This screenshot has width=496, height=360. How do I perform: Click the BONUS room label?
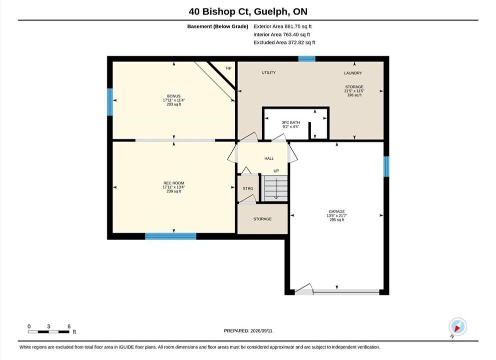pos(174,96)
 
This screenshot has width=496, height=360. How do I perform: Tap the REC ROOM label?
pos(174,183)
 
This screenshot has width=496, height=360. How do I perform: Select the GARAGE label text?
pos(337,211)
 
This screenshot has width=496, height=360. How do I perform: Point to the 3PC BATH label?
pos(291,122)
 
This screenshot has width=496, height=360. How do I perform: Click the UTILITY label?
pos(269,73)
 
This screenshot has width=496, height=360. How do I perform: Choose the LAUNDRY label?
pos(353,73)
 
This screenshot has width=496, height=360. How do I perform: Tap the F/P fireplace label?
pos(228,68)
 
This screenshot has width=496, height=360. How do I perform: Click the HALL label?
pos(269,158)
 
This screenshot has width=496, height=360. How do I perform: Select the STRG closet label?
pos(248,188)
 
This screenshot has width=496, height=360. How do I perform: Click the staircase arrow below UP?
pos(276,188)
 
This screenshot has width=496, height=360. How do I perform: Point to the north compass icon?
pos(458,326)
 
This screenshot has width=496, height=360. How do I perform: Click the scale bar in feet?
pos(48,332)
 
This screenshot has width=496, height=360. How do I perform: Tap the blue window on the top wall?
pos(307,59)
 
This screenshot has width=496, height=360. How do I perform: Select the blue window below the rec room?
pos(171,236)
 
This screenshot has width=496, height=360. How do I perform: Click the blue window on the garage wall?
pos(386,166)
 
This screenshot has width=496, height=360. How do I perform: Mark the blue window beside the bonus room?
pos(110,102)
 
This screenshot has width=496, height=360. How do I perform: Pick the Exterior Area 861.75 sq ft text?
pos(283,26)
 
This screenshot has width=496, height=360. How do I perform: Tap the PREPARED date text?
pos(248,331)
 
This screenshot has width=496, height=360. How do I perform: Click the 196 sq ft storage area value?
pos(354,95)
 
